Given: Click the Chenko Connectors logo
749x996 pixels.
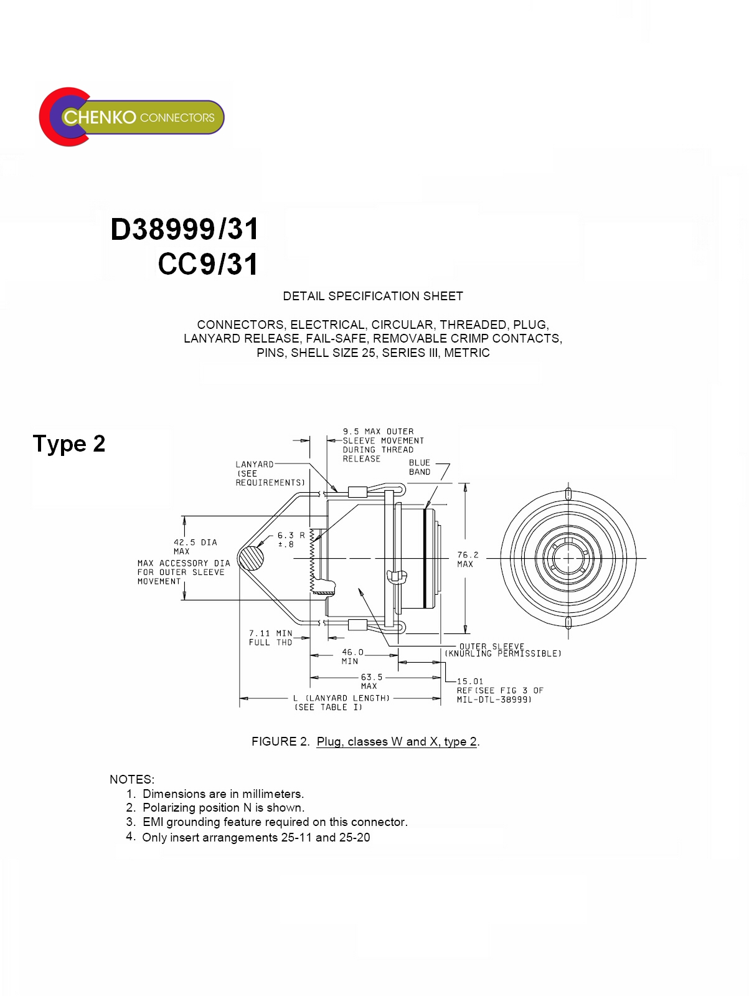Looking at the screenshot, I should point(131,117).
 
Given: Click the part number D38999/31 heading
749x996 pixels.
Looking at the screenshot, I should point(184,229).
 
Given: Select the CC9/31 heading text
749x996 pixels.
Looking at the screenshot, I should point(208,264).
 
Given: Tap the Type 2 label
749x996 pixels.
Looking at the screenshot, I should point(69,443).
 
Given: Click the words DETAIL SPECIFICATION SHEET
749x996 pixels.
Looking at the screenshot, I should point(373,296).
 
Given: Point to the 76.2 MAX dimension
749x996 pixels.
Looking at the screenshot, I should point(468,559).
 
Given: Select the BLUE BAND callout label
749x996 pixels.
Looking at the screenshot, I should point(419,467).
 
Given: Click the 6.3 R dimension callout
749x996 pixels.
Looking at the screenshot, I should point(291,539).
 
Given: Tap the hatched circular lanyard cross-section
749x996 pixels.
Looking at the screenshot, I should point(252,557).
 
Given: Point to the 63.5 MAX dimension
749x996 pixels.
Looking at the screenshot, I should point(371,681).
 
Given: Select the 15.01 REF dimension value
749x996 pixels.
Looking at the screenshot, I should point(470,681).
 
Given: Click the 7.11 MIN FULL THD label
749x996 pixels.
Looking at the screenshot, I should point(271,638).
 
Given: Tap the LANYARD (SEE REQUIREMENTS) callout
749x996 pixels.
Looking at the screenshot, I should point(270,473).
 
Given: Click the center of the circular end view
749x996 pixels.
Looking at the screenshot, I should point(568,558).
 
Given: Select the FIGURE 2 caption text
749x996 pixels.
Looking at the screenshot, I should point(365,741).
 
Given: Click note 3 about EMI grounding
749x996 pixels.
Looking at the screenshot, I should point(275,822).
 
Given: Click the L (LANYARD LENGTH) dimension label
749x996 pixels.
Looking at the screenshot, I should point(341,702).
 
